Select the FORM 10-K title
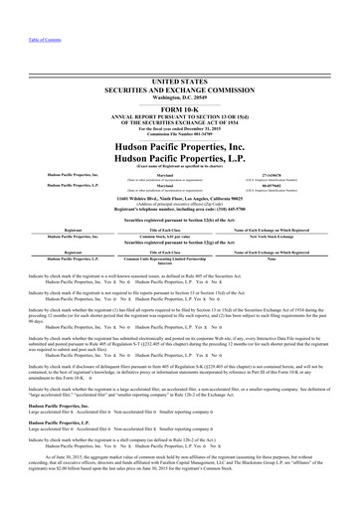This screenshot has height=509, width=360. [x=180, y=82]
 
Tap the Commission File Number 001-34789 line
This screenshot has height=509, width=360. [x=180, y=108]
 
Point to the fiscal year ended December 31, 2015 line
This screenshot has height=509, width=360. [x=180, y=102]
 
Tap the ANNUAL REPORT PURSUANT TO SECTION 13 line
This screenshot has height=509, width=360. [x=180, y=89]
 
